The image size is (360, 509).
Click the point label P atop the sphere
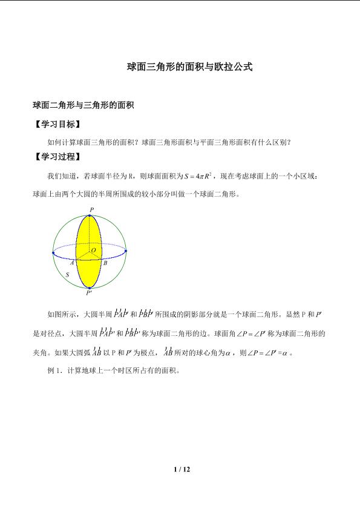tap(91, 209)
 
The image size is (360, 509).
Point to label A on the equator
tap(71, 263)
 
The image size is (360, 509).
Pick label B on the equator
tap(105, 263)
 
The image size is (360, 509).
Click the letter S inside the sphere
tap(67, 274)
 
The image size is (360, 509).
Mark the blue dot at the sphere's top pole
tap(91, 214)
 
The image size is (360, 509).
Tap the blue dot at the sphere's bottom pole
tap(90, 287)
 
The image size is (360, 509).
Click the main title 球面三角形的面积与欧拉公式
tap(189, 67)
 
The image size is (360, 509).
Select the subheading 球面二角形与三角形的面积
tap(82, 105)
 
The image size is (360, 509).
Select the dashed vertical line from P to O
tap(91, 233)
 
